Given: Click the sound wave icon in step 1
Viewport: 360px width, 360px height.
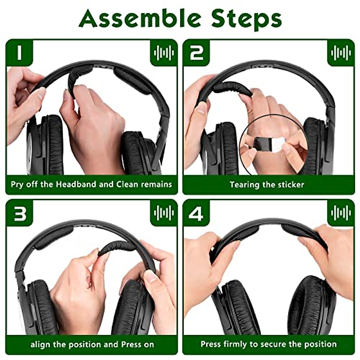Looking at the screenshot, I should click(164, 53).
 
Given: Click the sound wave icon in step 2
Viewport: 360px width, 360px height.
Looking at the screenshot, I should click(341, 53).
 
